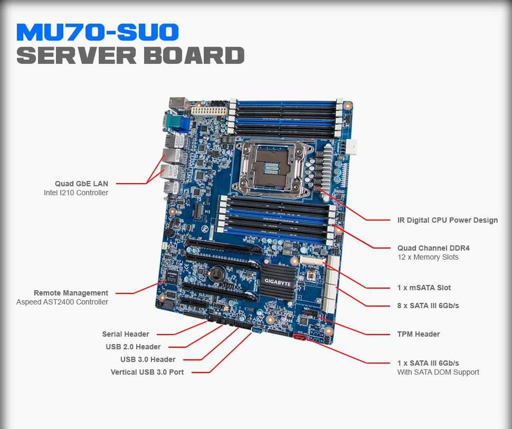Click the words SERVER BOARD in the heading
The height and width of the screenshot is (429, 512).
coord(130,55)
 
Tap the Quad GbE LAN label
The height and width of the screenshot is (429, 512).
coord(81,184)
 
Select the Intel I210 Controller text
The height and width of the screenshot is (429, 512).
coord(76,193)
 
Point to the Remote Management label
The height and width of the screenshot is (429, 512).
coord(71,293)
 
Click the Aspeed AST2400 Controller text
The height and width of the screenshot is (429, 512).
coord(62,302)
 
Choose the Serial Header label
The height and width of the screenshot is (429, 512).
coord(126,334)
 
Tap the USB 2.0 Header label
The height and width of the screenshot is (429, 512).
coord(133,347)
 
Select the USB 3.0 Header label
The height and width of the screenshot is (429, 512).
coord(148,359)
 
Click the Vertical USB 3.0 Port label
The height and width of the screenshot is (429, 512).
coord(147,372)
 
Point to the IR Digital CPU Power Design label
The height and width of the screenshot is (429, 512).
coord(448,220)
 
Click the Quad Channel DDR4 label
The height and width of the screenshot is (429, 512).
coord(433,248)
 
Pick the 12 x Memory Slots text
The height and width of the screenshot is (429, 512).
coord(428,258)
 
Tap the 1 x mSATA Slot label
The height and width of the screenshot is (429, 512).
coord(424,288)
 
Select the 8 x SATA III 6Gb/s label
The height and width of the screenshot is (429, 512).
coord(428,306)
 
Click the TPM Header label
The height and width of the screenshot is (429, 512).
coord(419,334)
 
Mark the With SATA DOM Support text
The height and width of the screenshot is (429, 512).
coord(438,372)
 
